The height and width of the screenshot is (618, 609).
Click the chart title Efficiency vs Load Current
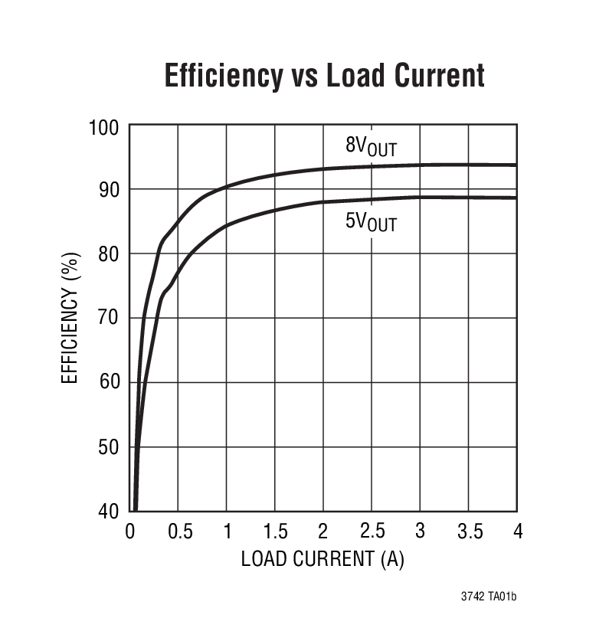pos(324,76)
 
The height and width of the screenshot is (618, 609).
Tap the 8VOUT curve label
pos(371,146)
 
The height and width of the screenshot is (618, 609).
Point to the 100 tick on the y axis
pos(105,126)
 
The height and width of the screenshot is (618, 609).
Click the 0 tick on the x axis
pos(130,531)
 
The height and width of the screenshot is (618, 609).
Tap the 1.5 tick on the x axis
pos(275,531)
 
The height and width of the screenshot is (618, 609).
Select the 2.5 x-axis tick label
pos(372,531)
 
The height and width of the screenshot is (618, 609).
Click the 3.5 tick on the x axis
pos(468,531)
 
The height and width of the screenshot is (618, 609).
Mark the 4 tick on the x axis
pos(517,531)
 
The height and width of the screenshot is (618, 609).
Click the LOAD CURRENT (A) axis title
pos(323,559)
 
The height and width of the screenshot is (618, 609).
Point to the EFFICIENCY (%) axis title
pos(70,318)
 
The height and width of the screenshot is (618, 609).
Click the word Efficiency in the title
pos(222,76)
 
